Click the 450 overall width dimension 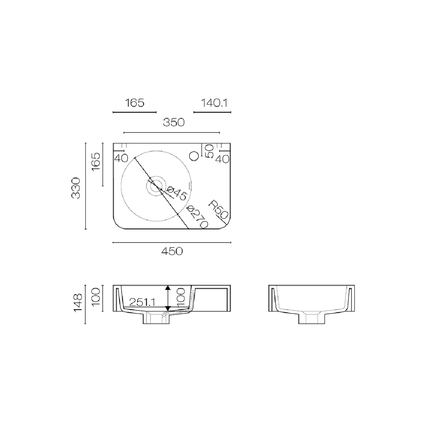172,251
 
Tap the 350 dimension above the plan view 174,123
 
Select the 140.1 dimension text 214,103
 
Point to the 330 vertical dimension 76,188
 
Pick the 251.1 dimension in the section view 142,302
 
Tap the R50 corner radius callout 218,209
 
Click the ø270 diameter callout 198,217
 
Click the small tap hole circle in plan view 194,156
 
